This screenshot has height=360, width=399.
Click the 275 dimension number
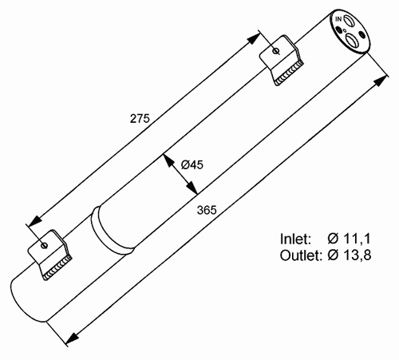(140, 118)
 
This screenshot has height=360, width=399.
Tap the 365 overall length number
(207, 210)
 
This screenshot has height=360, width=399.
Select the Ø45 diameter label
(192, 164)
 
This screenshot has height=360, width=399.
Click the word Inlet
(295, 239)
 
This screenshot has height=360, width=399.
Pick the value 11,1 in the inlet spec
(357, 239)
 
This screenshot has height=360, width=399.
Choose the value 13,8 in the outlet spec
(358, 255)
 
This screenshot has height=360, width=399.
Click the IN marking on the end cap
(338, 19)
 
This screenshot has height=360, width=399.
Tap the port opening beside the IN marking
(348, 20)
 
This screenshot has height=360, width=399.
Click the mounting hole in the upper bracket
(276, 50)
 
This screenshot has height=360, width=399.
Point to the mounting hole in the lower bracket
(44, 245)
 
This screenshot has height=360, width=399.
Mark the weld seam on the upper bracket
(290, 73)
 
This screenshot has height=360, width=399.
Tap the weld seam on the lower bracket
(58, 268)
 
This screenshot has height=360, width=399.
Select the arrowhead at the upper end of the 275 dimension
(254, 38)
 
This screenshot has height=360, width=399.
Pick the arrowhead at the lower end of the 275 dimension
(35, 221)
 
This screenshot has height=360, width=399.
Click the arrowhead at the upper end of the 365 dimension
(381, 81)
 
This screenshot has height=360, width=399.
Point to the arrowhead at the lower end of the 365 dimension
(72, 338)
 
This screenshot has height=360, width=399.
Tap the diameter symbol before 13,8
(333, 255)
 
